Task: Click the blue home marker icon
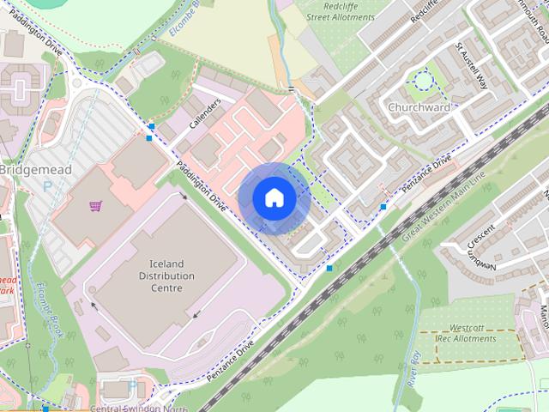274,198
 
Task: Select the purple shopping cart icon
95,206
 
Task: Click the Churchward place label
419,108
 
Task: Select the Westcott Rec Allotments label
468,334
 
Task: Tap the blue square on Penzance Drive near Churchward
383,207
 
